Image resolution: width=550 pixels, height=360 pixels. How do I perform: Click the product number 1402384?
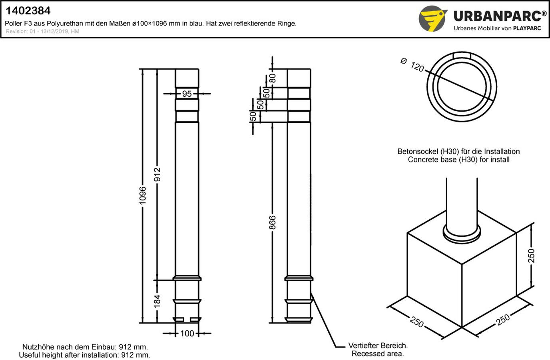point(28,11)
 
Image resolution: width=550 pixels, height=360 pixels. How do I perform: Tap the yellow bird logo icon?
point(432,18)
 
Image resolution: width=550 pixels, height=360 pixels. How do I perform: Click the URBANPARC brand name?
point(497,16)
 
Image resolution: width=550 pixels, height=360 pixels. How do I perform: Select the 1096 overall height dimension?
point(143,195)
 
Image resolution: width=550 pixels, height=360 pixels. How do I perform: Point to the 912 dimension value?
point(157,174)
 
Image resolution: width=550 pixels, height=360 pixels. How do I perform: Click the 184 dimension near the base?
point(157,301)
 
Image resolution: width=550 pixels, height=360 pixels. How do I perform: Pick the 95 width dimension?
point(187,94)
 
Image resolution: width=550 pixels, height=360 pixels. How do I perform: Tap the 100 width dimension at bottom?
point(187,333)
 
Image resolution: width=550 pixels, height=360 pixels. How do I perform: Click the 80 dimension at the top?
point(273,78)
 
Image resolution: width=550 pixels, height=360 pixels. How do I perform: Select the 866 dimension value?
point(273,222)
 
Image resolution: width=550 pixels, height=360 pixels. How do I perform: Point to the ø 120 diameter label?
point(412,65)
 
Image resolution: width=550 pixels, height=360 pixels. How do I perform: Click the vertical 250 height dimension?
point(532,256)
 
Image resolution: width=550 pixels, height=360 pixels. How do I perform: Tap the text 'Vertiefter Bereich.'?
point(378,346)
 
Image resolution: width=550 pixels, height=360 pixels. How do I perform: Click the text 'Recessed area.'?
point(378,354)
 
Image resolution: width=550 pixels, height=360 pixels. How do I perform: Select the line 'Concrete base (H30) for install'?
point(458,160)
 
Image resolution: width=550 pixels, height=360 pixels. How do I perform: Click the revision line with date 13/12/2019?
point(42,32)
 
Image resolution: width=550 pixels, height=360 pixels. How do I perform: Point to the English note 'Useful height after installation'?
point(84,355)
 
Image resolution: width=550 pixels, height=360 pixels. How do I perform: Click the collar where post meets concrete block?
point(462,236)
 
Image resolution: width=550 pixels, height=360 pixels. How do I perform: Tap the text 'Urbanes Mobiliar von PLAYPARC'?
point(497,28)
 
